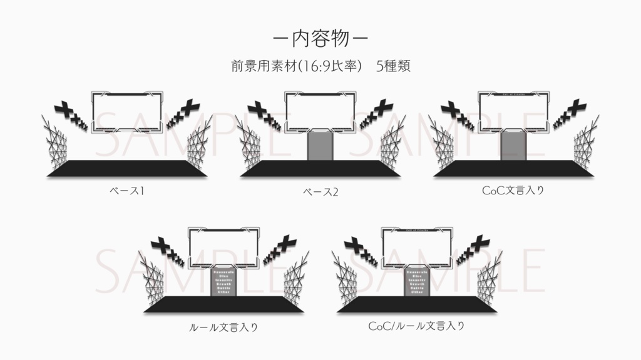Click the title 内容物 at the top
pyautogui.click(x=320, y=38)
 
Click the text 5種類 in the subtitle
pyautogui.click(x=393, y=66)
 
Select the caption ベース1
pyautogui.click(x=128, y=191)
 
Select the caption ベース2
pyautogui.click(x=320, y=192)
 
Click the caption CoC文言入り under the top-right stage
pyautogui.click(x=513, y=191)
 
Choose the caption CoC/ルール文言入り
pyautogui.click(x=416, y=326)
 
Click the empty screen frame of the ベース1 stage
pyautogui.click(x=128, y=112)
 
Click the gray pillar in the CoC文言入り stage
pyautogui.click(x=515, y=147)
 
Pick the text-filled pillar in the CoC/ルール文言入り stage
pyautogui.click(x=418, y=282)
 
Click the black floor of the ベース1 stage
pyautogui.click(x=128, y=168)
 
